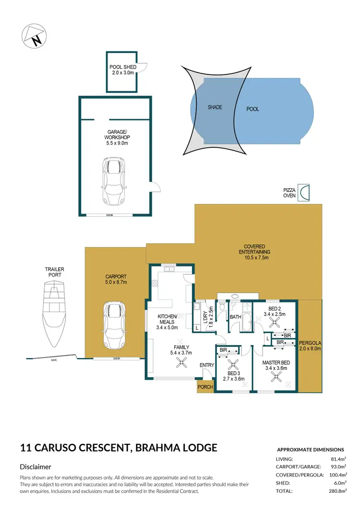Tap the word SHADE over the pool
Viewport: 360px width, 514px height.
tap(215, 108)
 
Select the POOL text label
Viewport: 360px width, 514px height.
tap(252, 109)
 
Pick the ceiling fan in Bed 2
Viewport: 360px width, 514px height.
tap(275, 322)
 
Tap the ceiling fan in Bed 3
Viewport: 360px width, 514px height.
tap(234, 364)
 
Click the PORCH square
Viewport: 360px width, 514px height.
tap(205, 387)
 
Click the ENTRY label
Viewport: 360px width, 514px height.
tap(207, 366)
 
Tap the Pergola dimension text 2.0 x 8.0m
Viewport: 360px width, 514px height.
tap(310, 349)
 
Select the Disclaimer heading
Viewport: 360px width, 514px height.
tap(36, 466)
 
